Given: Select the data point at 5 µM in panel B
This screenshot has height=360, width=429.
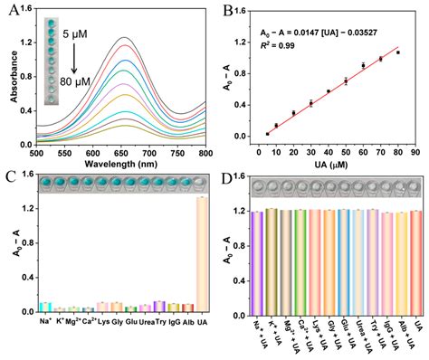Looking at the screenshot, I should tap(267, 133).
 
